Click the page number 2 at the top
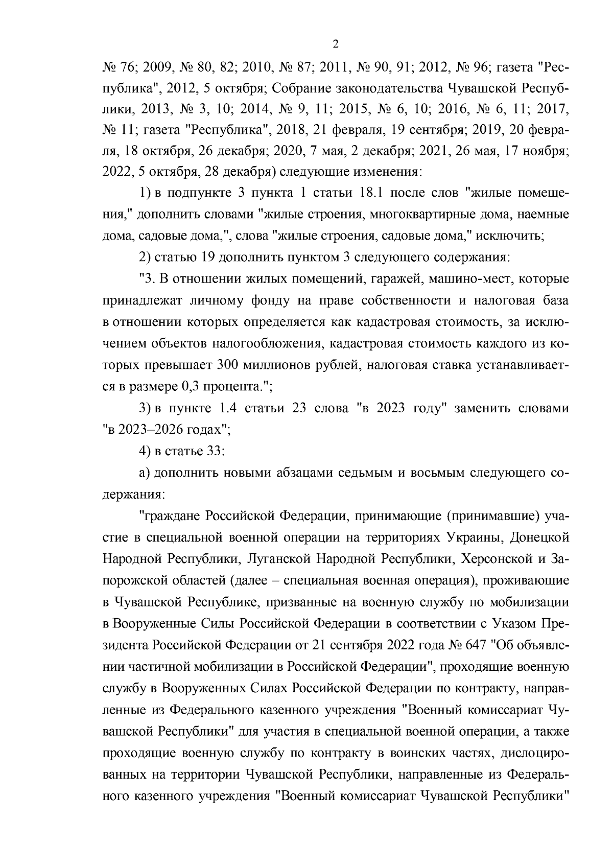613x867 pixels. pyautogui.click(x=336, y=44)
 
